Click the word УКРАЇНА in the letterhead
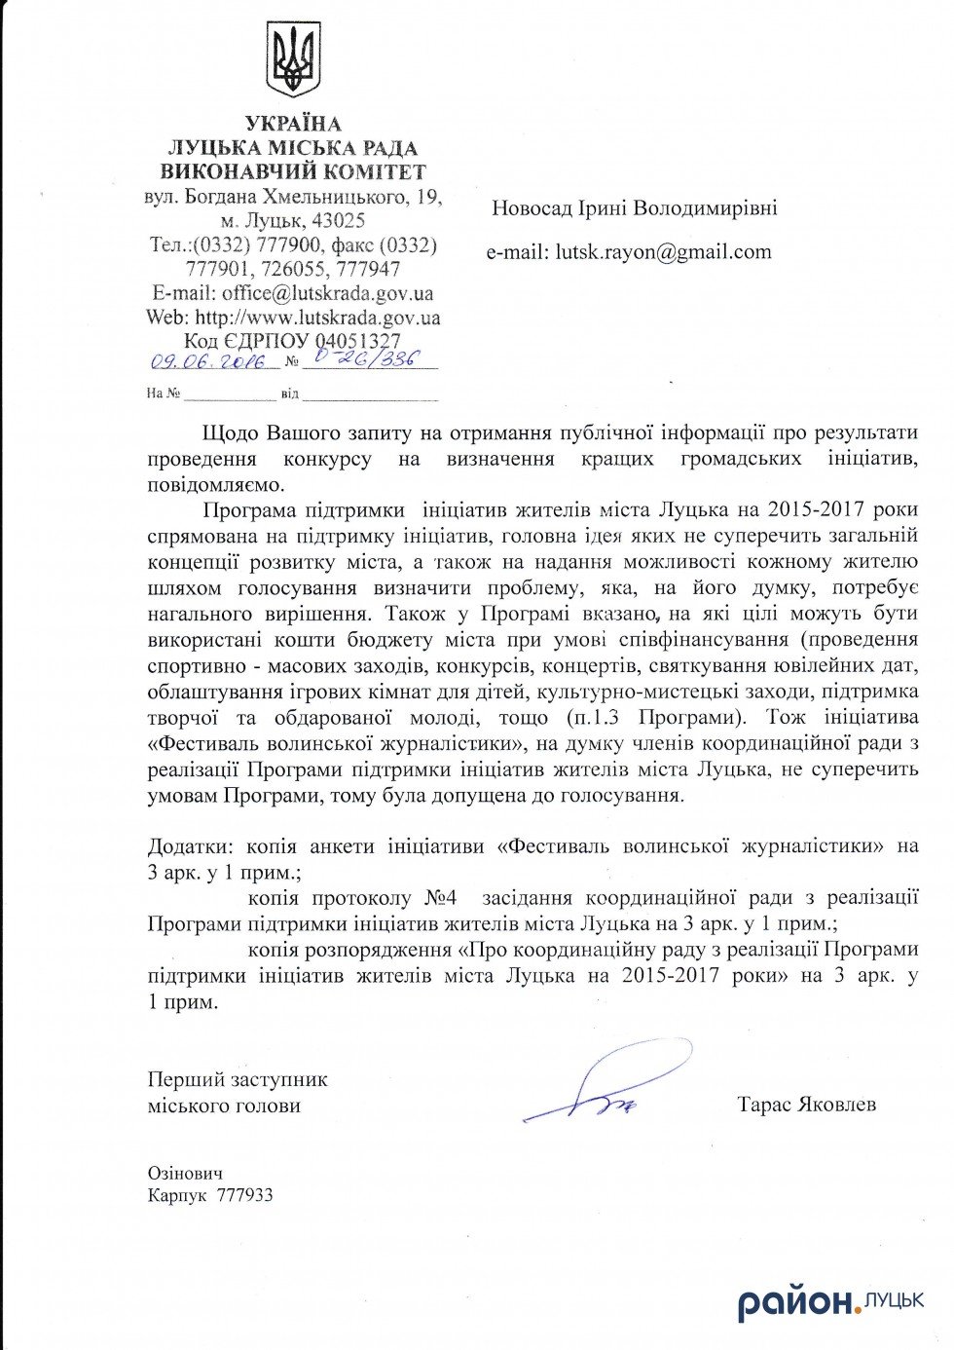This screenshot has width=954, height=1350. [x=293, y=124]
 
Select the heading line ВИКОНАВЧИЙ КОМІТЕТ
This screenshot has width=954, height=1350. [x=293, y=172]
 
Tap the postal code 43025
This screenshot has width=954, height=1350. [x=334, y=221]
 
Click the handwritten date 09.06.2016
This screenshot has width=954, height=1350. [x=207, y=361]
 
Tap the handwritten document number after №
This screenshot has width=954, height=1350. [x=360, y=359]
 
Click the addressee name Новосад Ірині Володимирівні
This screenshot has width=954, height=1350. [x=634, y=207]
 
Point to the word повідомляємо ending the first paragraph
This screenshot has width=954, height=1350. [x=217, y=483]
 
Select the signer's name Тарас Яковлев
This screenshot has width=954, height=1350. [x=807, y=1105]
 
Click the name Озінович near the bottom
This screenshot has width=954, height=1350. [x=186, y=1174]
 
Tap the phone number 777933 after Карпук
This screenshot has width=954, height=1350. [x=245, y=1195]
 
